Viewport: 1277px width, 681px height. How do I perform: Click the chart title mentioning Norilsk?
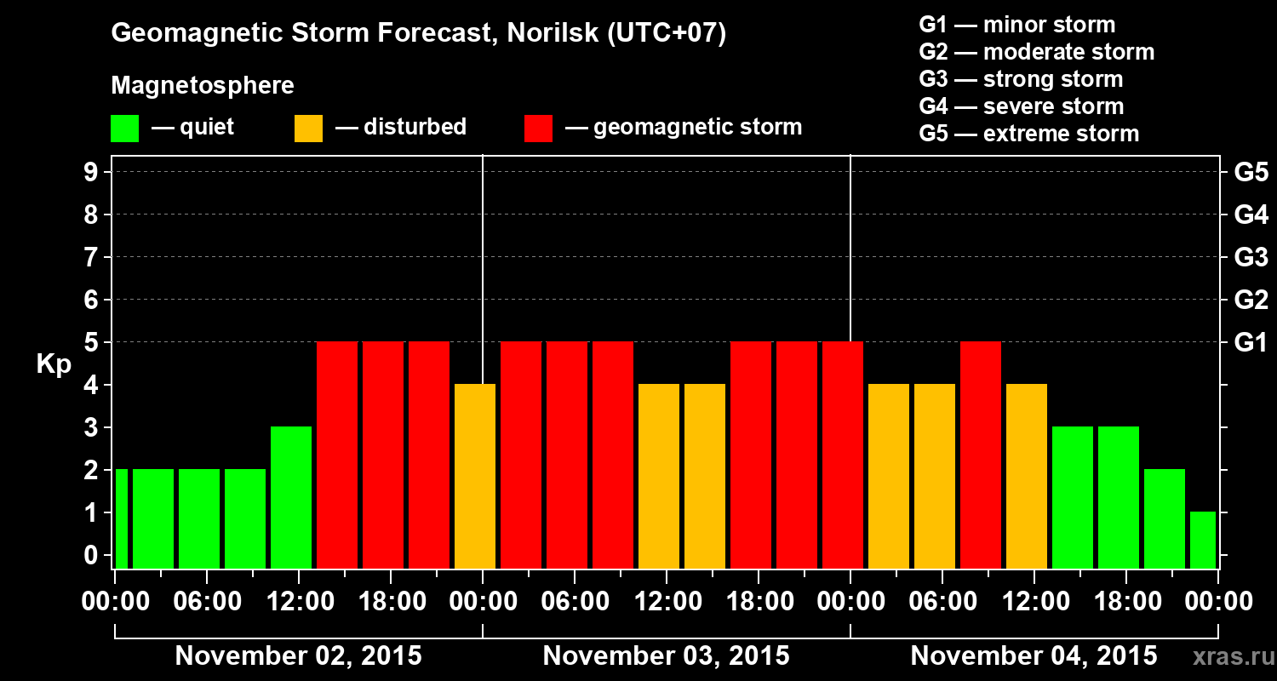click(x=418, y=34)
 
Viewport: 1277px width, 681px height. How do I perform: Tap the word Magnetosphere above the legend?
click(x=203, y=86)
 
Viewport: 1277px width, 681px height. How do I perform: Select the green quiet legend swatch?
click(x=124, y=129)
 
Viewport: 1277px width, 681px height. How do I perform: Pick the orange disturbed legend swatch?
click(x=308, y=129)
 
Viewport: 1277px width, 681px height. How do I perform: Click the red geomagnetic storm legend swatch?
click(x=538, y=129)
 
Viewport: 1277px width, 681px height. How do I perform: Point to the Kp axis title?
click(x=54, y=364)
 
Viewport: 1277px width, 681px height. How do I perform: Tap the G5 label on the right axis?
click(x=1251, y=173)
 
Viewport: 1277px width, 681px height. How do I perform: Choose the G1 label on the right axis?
click(x=1251, y=343)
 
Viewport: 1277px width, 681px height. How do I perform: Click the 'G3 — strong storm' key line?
click(x=1021, y=79)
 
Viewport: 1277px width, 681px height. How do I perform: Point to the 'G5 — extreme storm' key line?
click(x=1028, y=134)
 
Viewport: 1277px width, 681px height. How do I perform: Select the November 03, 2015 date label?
click(x=666, y=656)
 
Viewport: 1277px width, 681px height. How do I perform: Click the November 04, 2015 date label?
click(x=1034, y=656)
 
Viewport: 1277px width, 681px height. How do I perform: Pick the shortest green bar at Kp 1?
click(x=1202, y=540)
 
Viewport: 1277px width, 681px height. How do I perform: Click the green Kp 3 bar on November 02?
click(x=291, y=497)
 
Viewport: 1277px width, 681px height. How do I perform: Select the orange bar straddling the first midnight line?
click(x=475, y=476)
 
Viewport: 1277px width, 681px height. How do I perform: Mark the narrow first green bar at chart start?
click(x=122, y=518)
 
